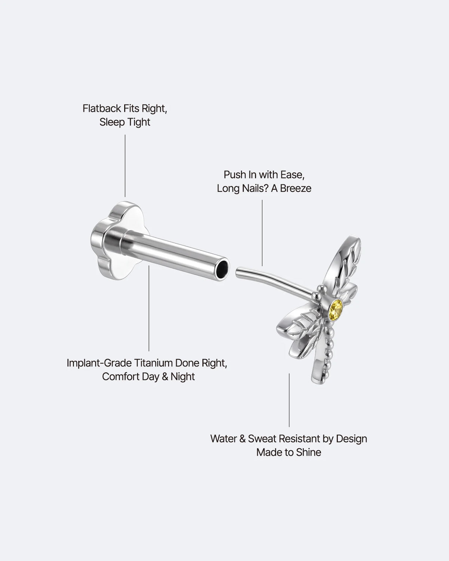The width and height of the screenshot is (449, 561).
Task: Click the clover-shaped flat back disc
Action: click(x=120, y=240)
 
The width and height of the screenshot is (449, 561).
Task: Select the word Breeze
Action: click(x=296, y=188)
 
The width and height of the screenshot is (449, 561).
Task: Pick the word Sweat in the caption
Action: click(x=262, y=439)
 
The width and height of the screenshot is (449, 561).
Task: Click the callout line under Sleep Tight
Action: click(x=125, y=166)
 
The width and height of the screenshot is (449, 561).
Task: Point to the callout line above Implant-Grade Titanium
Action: click(x=149, y=309)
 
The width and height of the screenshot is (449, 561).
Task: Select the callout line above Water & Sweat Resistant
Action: click(x=289, y=400)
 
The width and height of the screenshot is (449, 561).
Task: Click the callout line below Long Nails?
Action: click(x=262, y=233)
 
